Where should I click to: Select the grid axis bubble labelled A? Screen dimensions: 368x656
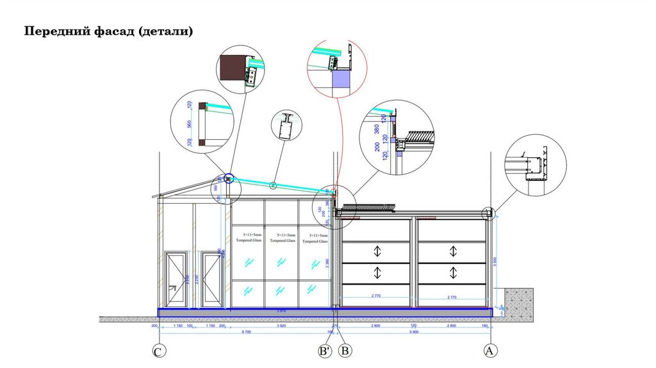point(490,351)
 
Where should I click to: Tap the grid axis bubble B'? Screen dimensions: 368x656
point(325,351)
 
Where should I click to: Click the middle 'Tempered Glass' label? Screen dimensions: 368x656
point(282,238)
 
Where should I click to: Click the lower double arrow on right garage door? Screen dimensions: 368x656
point(454,272)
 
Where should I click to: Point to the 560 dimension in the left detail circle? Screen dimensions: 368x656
point(190,123)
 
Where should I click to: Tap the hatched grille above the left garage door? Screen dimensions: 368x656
point(368,207)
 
